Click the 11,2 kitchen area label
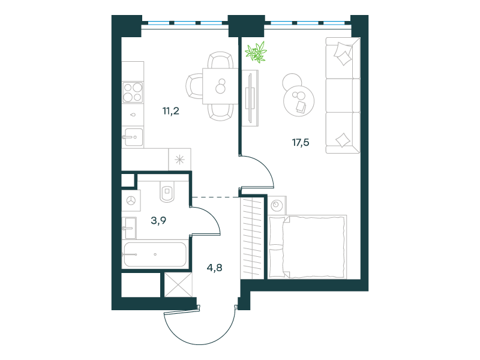click(171, 111)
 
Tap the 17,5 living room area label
click(301, 142)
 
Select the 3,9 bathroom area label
click(158, 220)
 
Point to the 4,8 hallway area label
click(215, 268)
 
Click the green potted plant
click(256, 52)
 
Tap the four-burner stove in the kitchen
click(133, 92)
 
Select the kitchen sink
click(133, 137)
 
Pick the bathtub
click(155, 254)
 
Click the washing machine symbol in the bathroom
click(131, 201)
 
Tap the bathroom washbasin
click(129, 228)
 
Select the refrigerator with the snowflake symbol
click(179, 160)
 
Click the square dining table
click(220, 86)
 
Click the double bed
click(307, 247)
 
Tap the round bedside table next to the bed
click(277, 205)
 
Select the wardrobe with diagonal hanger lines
click(252, 238)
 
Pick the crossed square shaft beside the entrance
click(178, 284)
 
